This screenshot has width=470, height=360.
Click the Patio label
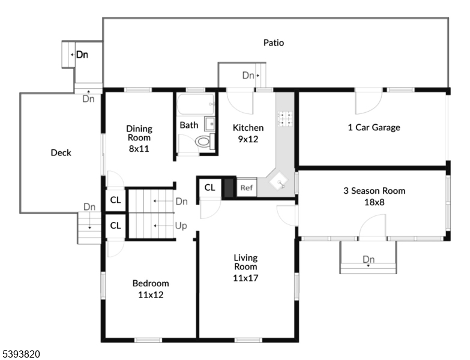273,43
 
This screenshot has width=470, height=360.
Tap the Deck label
61,152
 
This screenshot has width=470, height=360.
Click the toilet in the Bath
204,142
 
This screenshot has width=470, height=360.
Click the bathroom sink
209,124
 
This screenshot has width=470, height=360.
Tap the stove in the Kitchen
285,119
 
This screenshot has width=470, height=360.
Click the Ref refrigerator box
246,188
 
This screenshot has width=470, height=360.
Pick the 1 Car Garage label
373,127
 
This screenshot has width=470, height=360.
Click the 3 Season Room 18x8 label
373,196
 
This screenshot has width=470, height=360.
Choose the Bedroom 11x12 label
150,289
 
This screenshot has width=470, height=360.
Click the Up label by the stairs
181,226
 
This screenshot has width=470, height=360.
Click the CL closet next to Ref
209,187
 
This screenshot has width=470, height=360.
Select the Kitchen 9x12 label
248,133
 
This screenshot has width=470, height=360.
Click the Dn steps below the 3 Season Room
368,260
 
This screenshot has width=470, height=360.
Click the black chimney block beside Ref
229,188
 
